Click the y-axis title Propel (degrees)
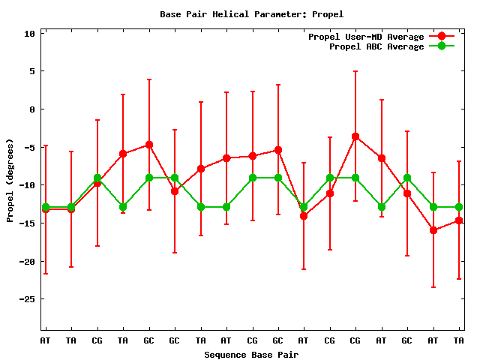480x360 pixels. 10,180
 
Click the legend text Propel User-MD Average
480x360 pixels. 366,37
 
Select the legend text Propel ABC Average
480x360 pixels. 376,46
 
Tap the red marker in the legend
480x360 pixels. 442,37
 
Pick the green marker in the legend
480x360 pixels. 442,46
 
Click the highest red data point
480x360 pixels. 355,136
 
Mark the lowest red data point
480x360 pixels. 433,230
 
